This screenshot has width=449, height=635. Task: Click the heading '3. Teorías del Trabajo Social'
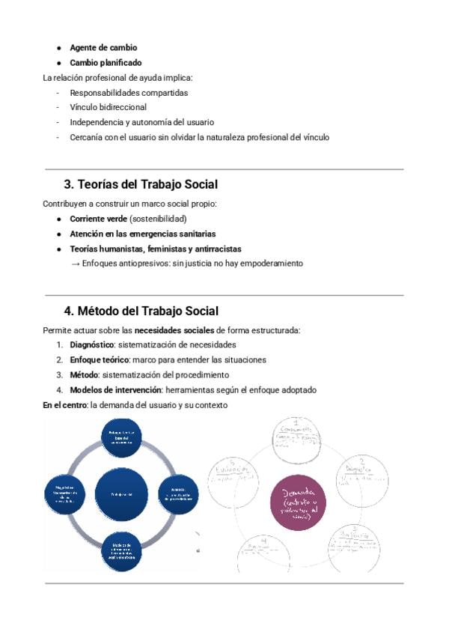coord(141,184)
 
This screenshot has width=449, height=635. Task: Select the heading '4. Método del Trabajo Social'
coord(141,311)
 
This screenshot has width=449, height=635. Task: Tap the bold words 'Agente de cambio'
coord(103,48)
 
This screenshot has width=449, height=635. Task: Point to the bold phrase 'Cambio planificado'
coord(106,63)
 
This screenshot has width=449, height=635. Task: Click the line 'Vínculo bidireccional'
coord(108,107)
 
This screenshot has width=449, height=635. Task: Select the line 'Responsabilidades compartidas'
coord(129,93)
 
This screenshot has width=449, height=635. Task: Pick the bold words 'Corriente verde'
coord(98,219)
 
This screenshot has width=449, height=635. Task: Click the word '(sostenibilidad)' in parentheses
coord(158,219)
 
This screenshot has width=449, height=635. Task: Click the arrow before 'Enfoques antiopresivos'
coord(75,264)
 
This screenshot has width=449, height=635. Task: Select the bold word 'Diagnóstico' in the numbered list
coord(92,345)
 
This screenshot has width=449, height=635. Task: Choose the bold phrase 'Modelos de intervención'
coord(115,390)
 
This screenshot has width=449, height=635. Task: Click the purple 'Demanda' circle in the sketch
coord(299,501)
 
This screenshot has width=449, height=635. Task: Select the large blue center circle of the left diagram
coord(121,493)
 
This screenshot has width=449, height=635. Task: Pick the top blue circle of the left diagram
coord(121,437)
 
